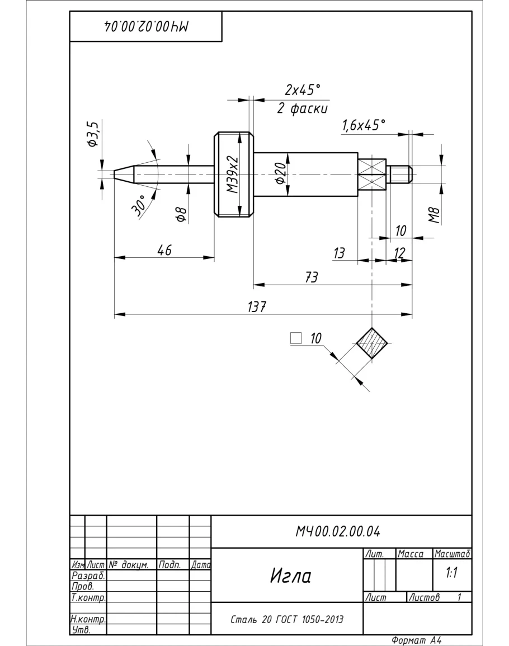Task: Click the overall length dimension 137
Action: click(x=257, y=308)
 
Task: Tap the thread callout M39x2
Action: click(x=232, y=174)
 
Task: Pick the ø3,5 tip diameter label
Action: click(x=93, y=135)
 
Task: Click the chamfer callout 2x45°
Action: click(x=303, y=89)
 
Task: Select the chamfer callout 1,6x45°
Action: click(x=364, y=125)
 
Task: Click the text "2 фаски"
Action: click(x=303, y=109)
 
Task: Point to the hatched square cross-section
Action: click(x=372, y=343)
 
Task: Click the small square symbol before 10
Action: click(x=296, y=338)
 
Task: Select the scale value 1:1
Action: click(x=452, y=574)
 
